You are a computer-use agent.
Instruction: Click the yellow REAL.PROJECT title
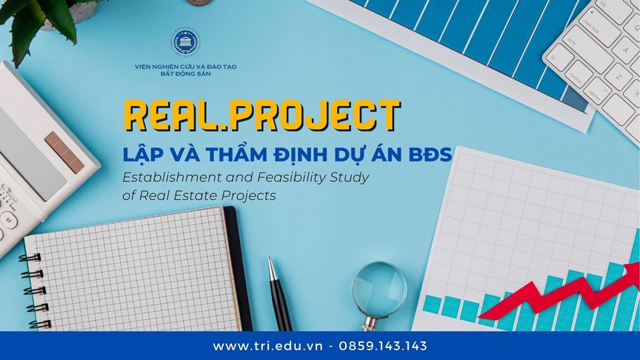click(x=262, y=118)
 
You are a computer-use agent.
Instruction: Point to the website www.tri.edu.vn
click(x=267, y=346)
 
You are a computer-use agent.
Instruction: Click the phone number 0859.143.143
click(x=382, y=346)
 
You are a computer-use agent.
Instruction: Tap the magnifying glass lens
click(x=379, y=287)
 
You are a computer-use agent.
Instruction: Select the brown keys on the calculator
click(x=64, y=151)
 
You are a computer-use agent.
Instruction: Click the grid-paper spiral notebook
click(x=133, y=270)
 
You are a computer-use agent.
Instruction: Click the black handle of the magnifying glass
click(x=368, y=321)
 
